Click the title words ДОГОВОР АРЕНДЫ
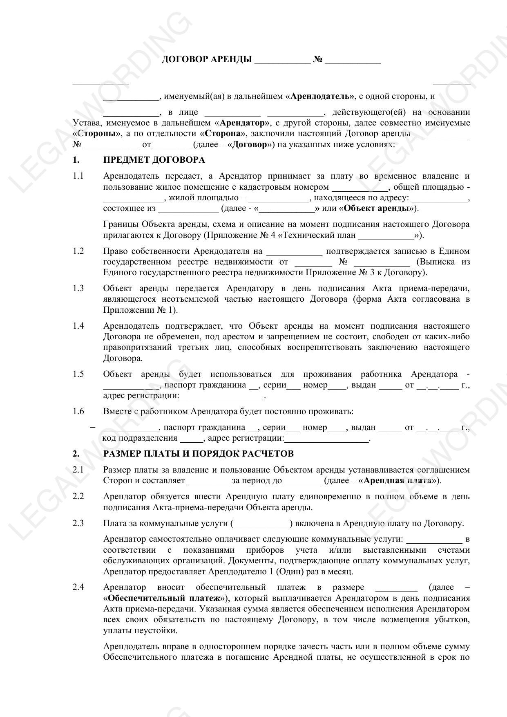pyautogui.click(x=207, y=60)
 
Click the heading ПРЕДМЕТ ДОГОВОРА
pyautogui.click(x=154, y=160)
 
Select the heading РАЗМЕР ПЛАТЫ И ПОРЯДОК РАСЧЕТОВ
pyautogui.click(x=198, y=454)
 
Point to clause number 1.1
pyautogui.click(x=78, y=176)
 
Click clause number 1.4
pyautogui.click(x=78, y=326)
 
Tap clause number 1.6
pyautogui.click(x=78, y=411)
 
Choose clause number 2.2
pyautogui.click(x=78, y=497)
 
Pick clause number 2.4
pyautogui.click(x=78, y=587)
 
